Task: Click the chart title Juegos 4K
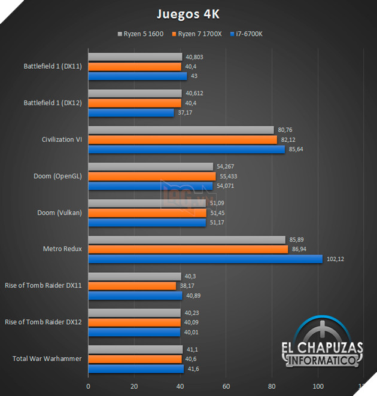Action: coord(188,13)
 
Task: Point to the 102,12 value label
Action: coord(335,259)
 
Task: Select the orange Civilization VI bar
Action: coord(183,139)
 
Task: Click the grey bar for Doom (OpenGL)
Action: coord(150,166)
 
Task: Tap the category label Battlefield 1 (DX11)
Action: coord(52,66)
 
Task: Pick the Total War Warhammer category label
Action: coord(47,359)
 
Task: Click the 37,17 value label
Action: coord(186,112)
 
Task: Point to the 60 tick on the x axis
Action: coord(226,386)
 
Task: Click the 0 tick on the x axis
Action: coord(89,386)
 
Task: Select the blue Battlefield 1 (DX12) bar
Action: coord(131,112)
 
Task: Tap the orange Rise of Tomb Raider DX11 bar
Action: coord(132,286)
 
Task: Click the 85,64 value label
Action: coord(297,150)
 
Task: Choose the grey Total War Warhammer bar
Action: coord(135,349)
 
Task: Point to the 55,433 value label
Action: coord(230,176)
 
